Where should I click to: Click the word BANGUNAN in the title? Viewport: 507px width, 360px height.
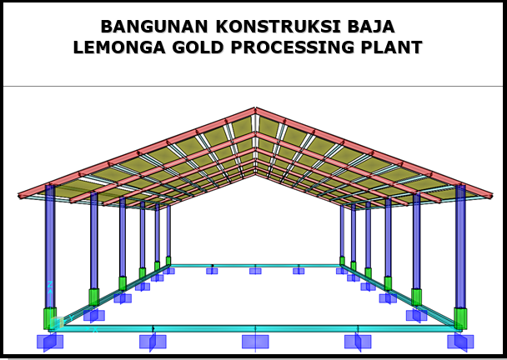tap(148, 27)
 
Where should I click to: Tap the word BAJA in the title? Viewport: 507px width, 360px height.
tap(370, 27)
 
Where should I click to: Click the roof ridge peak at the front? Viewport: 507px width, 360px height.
tap(254, 110)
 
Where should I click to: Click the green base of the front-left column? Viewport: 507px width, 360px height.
tap(50, 317)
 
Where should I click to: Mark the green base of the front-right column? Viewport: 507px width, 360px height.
tap(460, 317)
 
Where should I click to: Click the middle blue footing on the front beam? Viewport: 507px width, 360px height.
tap(255, 342)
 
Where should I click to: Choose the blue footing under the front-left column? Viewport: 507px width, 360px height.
tap(50, 342)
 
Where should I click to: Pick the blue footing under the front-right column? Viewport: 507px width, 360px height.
tap(460, 342)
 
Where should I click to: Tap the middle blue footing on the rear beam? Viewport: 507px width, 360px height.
tap(255, 271)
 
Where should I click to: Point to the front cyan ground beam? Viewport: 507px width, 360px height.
tap(200, 328)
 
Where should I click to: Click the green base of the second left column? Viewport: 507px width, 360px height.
tap(94, 297)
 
